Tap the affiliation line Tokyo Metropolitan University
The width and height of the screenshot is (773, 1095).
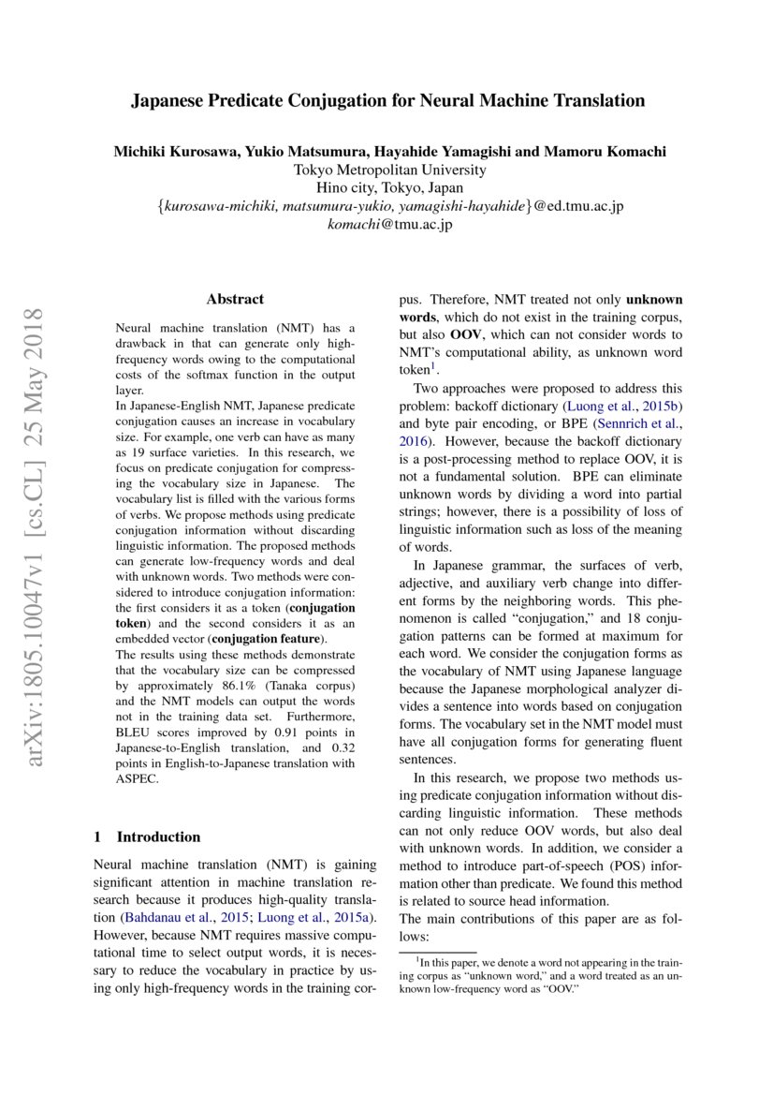click(x=389, y=170)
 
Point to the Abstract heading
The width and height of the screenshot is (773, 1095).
click(x=235, y=300)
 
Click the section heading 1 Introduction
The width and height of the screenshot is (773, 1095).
click(x=148, y=836)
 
